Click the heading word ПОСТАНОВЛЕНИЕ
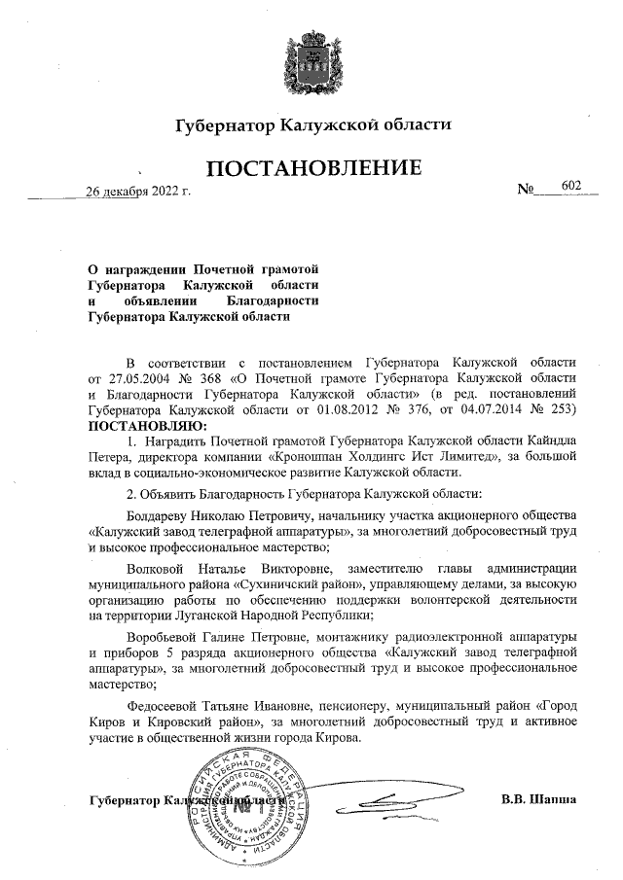point(312,168)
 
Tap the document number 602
point(570,185)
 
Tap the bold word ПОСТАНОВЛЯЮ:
point(146,425)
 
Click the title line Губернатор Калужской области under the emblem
point(312,126)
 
